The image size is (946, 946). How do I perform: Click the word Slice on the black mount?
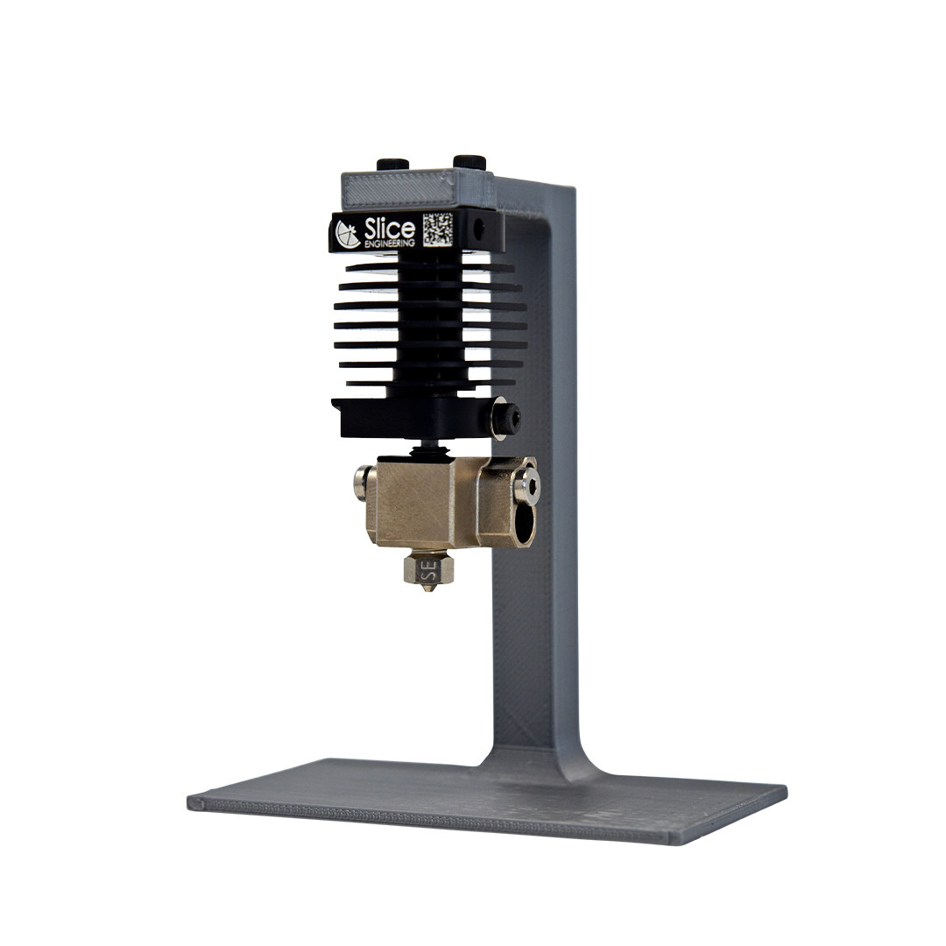(x=389, y=229)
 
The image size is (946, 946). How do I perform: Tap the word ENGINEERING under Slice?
(x=390, y=244)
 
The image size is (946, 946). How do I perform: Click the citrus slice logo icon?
(x=348, y=234)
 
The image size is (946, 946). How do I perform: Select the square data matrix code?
(x=437, y=229)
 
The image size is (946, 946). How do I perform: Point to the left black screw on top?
(x=392, y=164)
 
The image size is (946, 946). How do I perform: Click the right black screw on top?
(x=470, y=162)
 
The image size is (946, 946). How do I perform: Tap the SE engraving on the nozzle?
(x=429, y=569)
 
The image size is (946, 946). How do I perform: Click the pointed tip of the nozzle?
(x=429, y=590)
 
